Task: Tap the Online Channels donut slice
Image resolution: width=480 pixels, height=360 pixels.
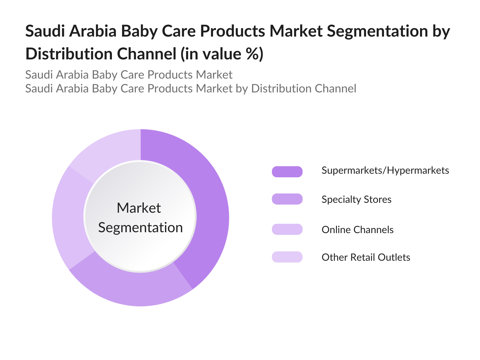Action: click(70, 219)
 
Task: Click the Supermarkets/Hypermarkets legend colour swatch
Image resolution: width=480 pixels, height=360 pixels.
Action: click(287, 172)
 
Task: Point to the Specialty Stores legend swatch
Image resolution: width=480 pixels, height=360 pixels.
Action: click(287, 199)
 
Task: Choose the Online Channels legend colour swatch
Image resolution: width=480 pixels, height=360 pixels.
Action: click(287, 229)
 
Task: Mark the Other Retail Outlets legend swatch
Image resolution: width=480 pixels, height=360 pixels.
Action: click(287, 257)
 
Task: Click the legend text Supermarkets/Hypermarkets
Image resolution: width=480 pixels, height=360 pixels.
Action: click(385, 171)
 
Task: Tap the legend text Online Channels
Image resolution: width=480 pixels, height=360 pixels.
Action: click(358, 230)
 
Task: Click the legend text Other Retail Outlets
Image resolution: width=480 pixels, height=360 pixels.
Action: click(366, 257)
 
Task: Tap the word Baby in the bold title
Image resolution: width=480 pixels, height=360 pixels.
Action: click(139, 31)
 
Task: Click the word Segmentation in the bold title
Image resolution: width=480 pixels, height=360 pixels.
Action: click(377, 31)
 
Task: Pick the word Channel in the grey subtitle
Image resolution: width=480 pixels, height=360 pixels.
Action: click(335, 88)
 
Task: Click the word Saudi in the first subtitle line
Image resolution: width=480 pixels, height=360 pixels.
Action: click(39, 75)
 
